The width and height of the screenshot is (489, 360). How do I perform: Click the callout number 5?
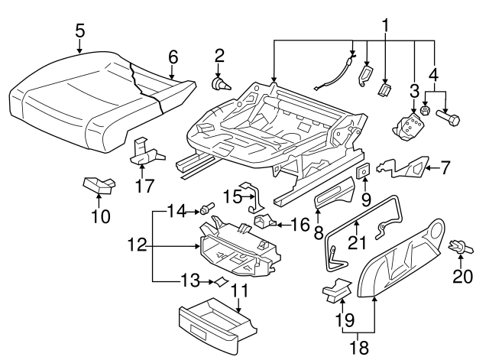(x=79, y=32)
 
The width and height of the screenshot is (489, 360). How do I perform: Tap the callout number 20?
(x=463, y=277)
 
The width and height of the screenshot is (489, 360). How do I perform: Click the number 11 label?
(x=240, y=291)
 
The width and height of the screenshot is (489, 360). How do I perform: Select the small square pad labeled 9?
(x=364, y=170)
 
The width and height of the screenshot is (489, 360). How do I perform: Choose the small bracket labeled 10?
(x=99, y=184)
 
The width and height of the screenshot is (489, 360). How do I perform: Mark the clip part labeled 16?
(x=265, y=222)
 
